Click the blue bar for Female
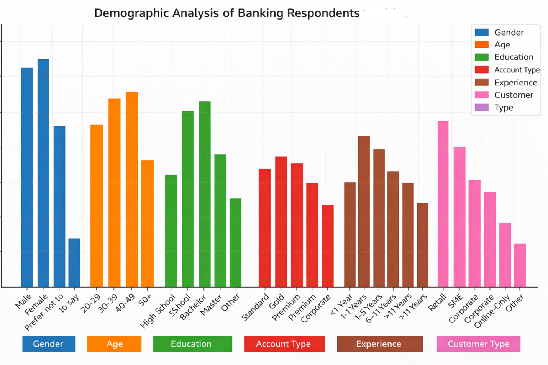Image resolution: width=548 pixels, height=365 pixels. [43, 172]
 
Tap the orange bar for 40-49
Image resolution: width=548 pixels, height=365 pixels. [132, 189]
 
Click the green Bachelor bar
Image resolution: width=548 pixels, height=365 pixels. [205, 194]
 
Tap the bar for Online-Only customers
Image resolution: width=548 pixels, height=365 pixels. [505, 255]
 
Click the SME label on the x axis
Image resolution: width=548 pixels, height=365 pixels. [456, 301]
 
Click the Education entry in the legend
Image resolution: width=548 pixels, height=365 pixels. [514, 57]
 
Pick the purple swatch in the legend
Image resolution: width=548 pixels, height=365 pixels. [482, 108]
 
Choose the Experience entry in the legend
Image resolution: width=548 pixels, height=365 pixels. [515, 83]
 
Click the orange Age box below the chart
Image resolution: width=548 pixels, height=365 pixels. [114, 344]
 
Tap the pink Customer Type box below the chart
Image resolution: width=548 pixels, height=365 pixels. [479, 344]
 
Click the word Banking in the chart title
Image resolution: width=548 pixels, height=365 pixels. [261, 13]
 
